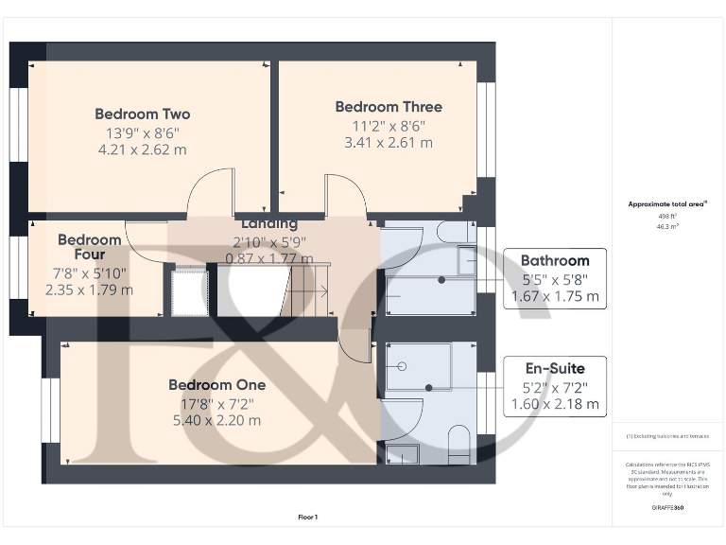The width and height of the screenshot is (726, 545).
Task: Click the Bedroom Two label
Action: (x=142, y=114)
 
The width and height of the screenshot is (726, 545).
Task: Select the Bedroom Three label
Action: (x=388, y=107)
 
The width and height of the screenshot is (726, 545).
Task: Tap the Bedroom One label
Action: (x=216, y=385)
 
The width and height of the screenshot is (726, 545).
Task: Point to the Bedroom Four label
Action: (x=90, y=247)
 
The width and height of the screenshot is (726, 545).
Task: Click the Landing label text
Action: (x=269, y=224)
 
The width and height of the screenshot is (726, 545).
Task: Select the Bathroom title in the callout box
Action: (x=555, y=260)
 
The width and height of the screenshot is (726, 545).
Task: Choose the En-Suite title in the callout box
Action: (x=555, y=368)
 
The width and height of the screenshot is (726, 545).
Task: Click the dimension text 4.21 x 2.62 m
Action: (x=142, y=149)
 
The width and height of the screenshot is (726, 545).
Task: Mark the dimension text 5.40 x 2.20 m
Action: (x=216, y=420)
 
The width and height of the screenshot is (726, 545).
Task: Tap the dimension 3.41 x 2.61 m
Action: (x=388, y=143)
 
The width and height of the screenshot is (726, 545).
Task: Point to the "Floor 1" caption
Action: (x=308, y=518)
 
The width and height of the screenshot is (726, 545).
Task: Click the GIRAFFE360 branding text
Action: (x=667, y=508)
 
